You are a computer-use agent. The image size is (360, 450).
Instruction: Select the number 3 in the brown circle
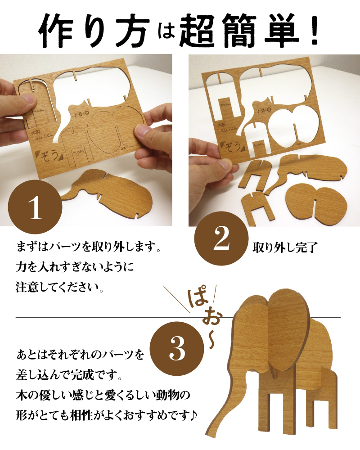(175, 346)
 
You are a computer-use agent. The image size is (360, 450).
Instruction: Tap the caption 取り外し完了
(279, 247)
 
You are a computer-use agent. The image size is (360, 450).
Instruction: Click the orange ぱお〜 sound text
(202, 315)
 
